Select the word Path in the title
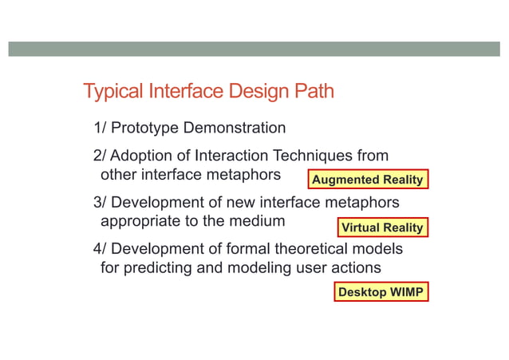pos(313,92)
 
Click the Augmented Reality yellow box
pos(368,180)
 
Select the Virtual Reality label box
pos(382,227)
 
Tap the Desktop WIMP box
pos(381,293)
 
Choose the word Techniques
pos(314,155)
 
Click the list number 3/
pos(101,202)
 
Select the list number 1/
pos(101,128)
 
